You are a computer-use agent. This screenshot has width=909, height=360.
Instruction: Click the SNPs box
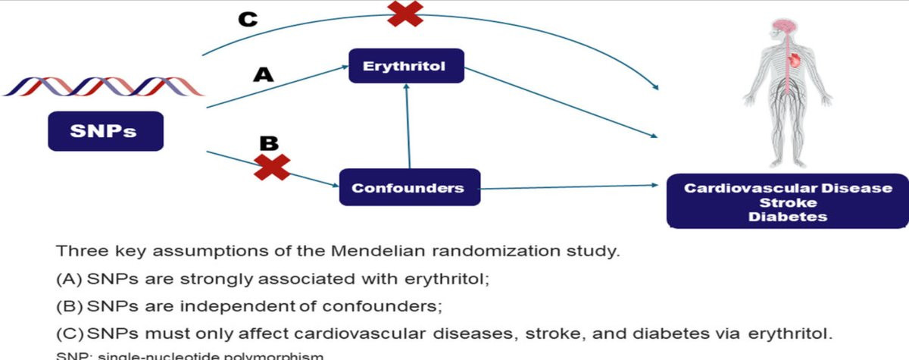(x=105, y=131)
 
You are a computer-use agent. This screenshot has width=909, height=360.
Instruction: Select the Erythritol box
(x=405, y=66)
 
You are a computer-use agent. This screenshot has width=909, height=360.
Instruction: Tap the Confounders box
(x=409, y=186)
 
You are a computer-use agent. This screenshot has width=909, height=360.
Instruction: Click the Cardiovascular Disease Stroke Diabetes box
(x=788, y=202)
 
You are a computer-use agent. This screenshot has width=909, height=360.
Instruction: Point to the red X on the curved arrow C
(x=405, y=13)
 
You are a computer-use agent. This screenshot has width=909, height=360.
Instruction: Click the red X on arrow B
(x=271, y=166)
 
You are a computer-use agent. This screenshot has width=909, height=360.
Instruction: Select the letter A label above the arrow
(x=262, y=74)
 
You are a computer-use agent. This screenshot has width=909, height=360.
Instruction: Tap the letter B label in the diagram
(x=269, y=142)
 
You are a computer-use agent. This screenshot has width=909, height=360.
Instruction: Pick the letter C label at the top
(x=247, y=19)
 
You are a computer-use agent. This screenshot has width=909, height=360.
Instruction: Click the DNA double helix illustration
(x=105, y=86)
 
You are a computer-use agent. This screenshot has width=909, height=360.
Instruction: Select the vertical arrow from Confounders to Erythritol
(x=408, y=126)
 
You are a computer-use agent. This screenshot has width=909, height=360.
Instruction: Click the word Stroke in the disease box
(x=788, y=202)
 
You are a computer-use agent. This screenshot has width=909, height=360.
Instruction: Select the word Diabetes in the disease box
(x=788, y=217)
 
